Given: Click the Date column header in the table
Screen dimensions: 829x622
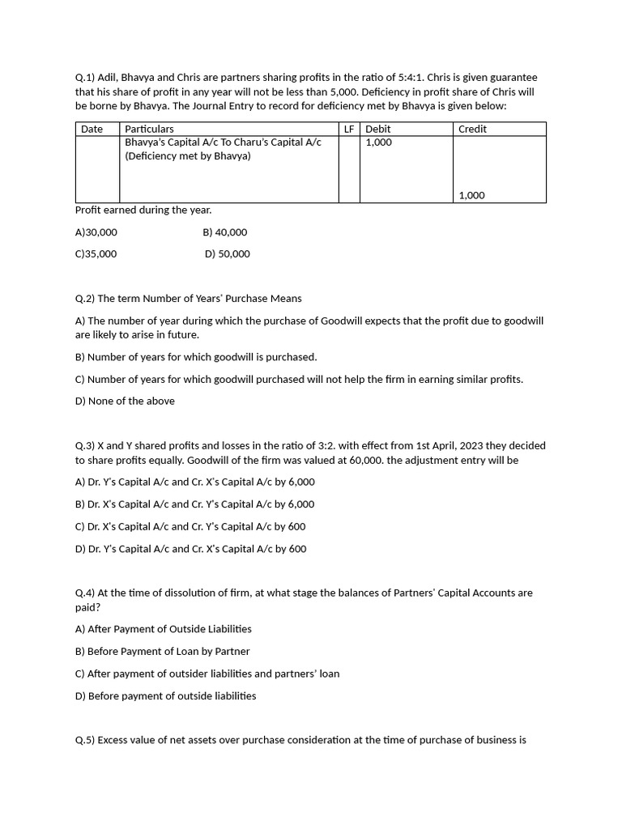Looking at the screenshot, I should (92, 129).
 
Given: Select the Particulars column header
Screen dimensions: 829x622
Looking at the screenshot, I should (149, 129).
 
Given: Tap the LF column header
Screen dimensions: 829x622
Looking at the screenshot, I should (349, 129).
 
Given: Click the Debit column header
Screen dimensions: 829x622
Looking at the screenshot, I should (377, 129).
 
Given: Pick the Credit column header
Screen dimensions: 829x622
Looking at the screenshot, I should (472, 129).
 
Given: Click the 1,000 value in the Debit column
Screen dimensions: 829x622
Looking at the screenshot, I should (378, 142).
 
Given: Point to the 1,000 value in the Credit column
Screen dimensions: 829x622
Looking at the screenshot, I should (471, 195).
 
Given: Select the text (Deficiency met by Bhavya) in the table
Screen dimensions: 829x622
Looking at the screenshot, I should (188, 156).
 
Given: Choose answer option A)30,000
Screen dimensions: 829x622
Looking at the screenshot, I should (96, 232).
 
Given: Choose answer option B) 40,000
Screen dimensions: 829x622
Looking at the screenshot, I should (225, 232).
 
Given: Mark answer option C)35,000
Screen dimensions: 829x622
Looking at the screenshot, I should (96, 254).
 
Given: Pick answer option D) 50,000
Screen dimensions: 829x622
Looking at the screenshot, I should (228, 254).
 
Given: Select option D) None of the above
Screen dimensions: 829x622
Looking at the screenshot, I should (125, 401).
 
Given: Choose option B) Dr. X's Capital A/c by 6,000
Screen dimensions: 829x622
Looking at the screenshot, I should (194, 504).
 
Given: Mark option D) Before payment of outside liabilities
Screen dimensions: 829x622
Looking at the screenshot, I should (165, 696).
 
